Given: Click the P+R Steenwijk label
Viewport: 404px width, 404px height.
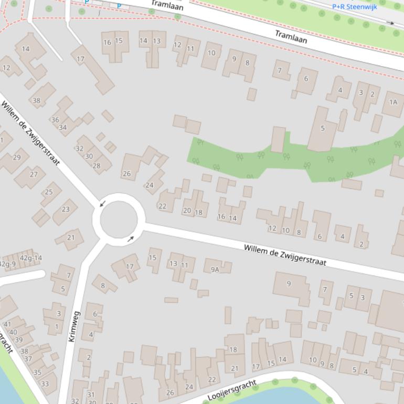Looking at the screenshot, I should click(354, 7).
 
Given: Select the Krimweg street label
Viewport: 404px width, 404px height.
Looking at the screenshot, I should click(75, 326).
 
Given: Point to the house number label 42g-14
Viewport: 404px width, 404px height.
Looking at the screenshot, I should click(30, 258).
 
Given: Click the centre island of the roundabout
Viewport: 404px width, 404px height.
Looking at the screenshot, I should click(119, 220).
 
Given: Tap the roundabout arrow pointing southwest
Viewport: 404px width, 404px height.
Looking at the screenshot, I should click(103, 203).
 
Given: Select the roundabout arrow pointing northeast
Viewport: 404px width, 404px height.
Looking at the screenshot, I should click(131, 239).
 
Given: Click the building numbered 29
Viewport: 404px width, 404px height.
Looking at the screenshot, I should click(17, 157).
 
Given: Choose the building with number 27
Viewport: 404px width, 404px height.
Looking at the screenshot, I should click(34, 174).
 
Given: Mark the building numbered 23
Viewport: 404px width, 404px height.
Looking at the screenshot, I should click(66, 209).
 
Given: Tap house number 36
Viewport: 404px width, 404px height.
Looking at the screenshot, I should click(55, 120).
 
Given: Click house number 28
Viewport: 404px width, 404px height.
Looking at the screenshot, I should click(97, 166).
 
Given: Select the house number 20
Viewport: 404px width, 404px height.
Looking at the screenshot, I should click(187, 210).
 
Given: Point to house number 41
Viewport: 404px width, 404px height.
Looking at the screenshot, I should click(7, 324).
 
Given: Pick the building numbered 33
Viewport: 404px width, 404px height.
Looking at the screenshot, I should click(45, 384).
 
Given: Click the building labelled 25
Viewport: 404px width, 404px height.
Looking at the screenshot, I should click(49, 192).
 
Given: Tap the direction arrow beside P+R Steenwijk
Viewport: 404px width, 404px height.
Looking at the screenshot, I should click(390, 23).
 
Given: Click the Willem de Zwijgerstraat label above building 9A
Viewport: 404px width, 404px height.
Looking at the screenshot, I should click(285, 254).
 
